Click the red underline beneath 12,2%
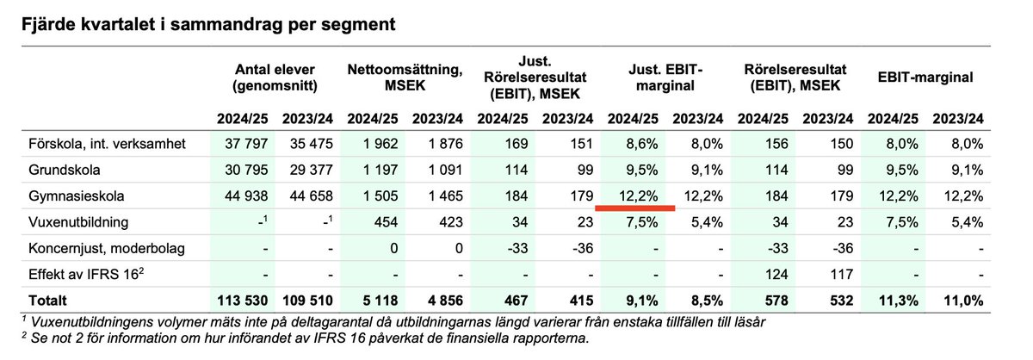pyautogui.click(x=635, y=208)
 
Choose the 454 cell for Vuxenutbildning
pyautogui.click(x=376, y=222)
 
